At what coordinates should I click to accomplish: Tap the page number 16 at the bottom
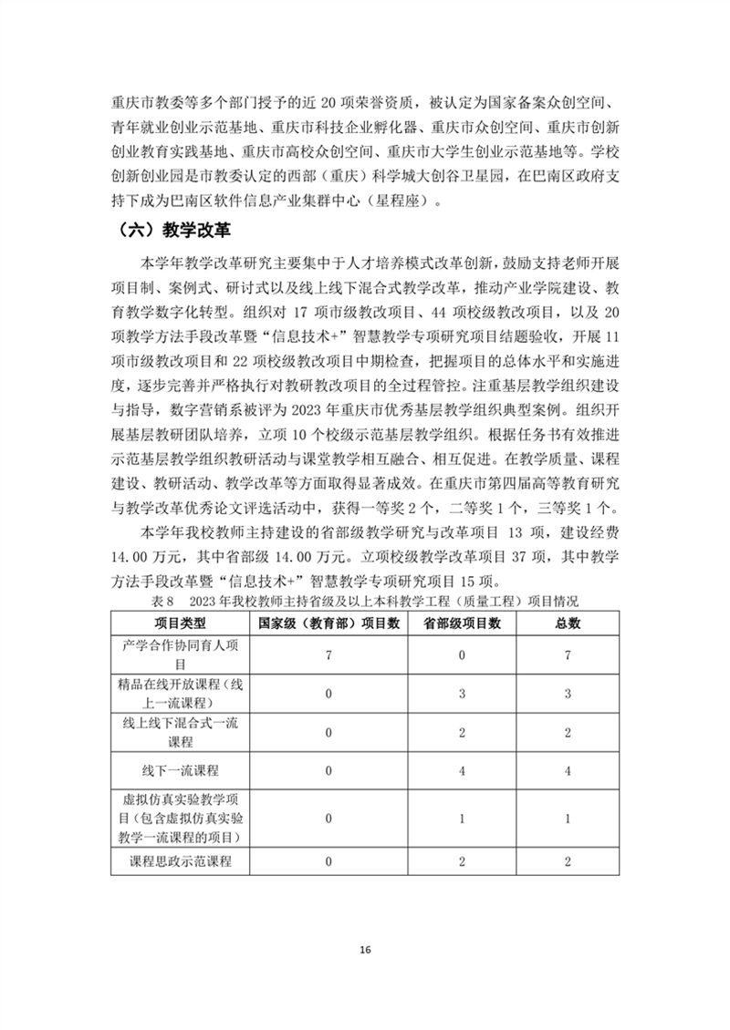coord(365,950)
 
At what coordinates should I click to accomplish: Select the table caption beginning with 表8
coord(365,603)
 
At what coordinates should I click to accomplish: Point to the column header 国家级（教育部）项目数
coord(328,623)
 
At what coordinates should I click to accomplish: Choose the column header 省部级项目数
coord(464,623)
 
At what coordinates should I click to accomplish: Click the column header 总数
coord(568,623)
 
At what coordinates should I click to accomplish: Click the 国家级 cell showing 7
coord(328,655)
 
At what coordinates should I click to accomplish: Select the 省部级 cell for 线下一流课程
coord(464,770)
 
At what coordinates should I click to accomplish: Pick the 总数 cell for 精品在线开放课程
coord(568,694)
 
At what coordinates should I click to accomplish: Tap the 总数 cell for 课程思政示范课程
coord(568,860)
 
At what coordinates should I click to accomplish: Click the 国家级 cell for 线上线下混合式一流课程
coord(328,732)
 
